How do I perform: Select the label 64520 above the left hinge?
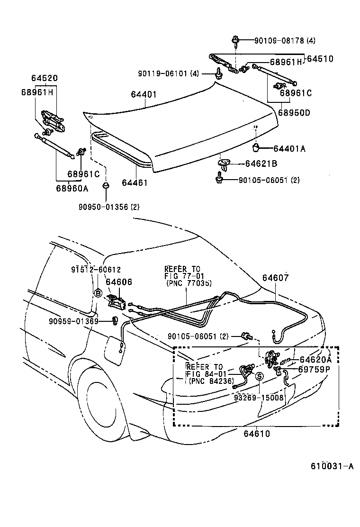point(45,78)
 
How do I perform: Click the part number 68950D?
point(294,113)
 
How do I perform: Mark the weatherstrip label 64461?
point(135,182)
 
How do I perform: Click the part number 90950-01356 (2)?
point(109,207)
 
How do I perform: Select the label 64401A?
point(288,149)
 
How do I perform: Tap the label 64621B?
point(261,164)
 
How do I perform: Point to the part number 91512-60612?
point(96,269)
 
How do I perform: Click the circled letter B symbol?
point(98,293)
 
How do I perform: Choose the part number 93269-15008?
point(259,398)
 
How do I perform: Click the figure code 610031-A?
point(332,466)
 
